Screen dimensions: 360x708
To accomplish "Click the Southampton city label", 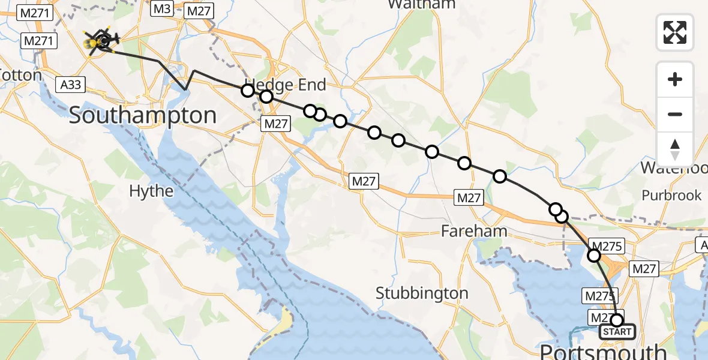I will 142,115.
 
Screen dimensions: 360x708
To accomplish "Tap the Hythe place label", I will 152,191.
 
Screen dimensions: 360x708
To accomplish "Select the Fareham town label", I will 474,231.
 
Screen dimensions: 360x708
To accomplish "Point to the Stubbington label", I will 422,293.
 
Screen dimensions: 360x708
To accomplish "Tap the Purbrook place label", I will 671,195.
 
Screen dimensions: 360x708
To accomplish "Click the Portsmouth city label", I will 603,351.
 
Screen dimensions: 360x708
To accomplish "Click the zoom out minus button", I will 675,114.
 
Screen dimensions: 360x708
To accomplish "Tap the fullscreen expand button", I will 675,32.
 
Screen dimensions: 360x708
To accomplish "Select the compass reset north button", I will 675,149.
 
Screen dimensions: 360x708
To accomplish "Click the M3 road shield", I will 163,9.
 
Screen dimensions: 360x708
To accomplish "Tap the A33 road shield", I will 71,85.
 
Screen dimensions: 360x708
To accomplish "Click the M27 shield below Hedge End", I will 275,124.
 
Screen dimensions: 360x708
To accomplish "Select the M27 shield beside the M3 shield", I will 197,11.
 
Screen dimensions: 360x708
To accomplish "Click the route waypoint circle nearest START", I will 616,320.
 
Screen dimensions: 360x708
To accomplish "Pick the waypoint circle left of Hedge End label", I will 248,91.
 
